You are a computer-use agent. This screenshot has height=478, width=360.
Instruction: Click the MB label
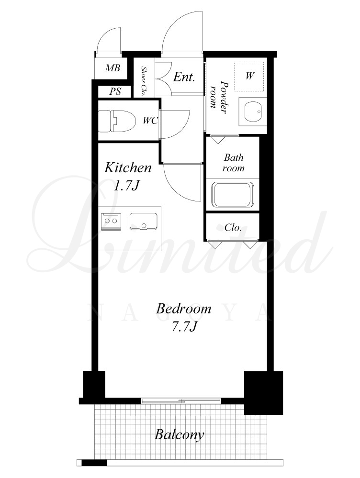pos(112,67)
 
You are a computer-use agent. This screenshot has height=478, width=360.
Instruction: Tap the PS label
pos(115,91)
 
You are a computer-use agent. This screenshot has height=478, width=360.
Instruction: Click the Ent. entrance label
pos(184,77)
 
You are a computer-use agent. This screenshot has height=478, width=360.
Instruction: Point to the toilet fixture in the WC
pos(116,121)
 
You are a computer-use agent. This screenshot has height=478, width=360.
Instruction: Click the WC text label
pos(150,121)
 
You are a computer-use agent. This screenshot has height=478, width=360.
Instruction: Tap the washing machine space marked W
pos(249,76)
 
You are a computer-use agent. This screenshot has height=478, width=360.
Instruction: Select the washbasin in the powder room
pos(253,112)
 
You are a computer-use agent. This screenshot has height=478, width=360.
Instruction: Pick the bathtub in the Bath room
pos(234,194)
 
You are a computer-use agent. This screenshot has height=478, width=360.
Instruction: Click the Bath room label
pos(234,163)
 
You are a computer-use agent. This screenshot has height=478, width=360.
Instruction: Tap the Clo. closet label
pos(233,227)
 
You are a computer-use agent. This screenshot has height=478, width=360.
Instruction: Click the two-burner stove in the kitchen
pos(111,221)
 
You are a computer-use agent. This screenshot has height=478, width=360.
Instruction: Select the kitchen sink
pos(144,221)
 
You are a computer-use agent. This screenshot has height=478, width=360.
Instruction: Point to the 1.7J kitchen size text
pos(126,186)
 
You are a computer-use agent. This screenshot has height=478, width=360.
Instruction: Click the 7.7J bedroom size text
pos(184,326)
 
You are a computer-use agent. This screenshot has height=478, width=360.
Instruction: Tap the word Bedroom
pos(184,309)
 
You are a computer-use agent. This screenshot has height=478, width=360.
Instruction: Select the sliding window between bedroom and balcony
pos(181,400)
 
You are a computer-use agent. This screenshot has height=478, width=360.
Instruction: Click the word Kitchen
pos(128,168)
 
